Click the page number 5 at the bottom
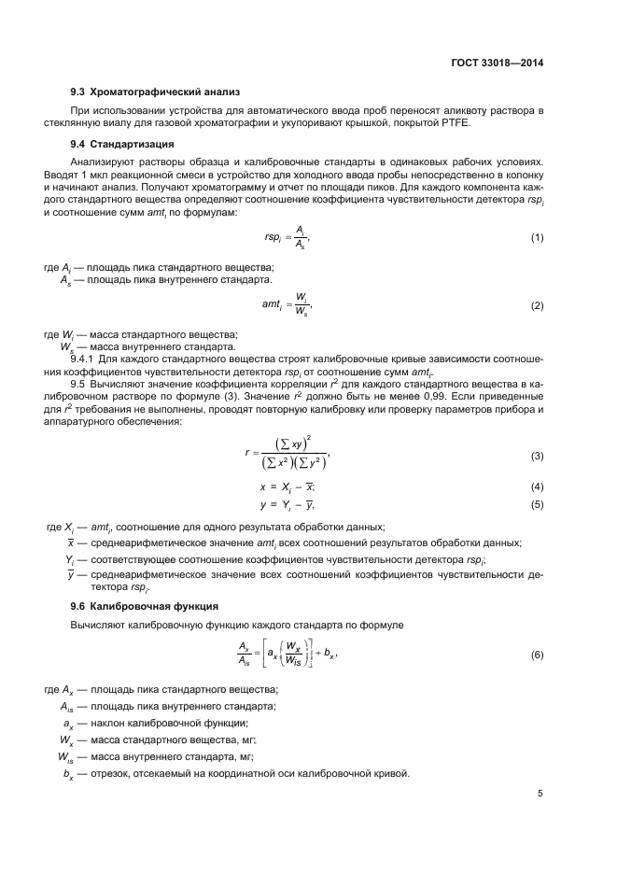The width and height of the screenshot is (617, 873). pyautogui.click(x=540, y=794)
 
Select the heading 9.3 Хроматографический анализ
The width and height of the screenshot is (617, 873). pyautogui.click(x=156, y=92)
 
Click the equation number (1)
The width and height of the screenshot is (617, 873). pyautogui.click(x=538, y=238)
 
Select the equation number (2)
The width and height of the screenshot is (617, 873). pyautogui.click(x=538, y=305)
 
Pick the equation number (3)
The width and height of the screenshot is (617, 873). pyautogui.click(x=538, y=456)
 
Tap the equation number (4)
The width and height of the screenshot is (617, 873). pyautogui.click(x=538, y=487)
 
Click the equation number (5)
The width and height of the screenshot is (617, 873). pyautogui.click(x=538, y=505)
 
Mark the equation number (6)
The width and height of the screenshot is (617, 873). pyautogui.click(x=538, y=655)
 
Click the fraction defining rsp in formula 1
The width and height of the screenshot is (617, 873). pyautogui.click(x=298, y=238)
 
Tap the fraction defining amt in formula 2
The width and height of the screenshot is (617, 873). pyautogui.click(x=300, y=304)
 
